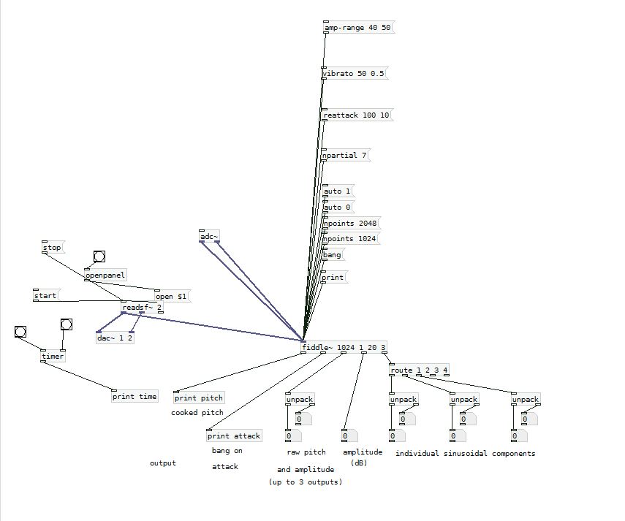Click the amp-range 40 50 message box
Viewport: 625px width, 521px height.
click(x=358, y=28)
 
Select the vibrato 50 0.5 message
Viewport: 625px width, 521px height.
click(x=354, y=74)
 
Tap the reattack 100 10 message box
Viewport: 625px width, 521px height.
click(x=357, y=115)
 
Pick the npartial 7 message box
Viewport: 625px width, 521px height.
click(x=345, y=156)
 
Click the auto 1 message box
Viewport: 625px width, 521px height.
click(x=338, y=191)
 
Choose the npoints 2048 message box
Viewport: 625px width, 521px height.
click(x=351, y=224)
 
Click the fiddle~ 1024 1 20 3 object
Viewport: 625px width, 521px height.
click(x=344, y=347)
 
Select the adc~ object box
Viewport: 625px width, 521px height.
click(x=209, y=236)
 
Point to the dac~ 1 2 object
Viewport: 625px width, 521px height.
click(x=115, y=338)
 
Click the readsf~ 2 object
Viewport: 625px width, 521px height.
click(x=142, y=308)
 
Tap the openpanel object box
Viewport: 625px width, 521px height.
click(x=105, y=275)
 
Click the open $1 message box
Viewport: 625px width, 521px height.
click(x=172, y=297)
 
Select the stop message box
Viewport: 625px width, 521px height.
click(x=53, y=248)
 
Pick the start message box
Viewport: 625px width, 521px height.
click(x=45, y=296)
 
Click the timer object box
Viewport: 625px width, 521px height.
click(x=53, y=357)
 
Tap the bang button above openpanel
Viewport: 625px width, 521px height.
click(x=99, y=256)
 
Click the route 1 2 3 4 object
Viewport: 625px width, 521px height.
click(x=420, y=370)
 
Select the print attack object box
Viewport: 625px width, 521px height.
click(x=234, y=436)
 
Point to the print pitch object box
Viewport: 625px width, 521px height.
click(x=199, y=398)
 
